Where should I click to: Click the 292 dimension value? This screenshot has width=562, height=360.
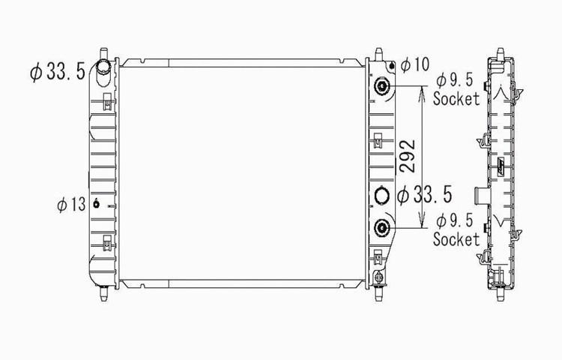(x=408, y=156)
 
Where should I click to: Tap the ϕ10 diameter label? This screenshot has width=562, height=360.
(x=415, y=65)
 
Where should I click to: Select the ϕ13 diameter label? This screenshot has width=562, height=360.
(x=71, y=205)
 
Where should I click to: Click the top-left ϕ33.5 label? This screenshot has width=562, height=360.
(x=58, y=71)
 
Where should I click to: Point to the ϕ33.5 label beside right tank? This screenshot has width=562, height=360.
(x=425, y=195)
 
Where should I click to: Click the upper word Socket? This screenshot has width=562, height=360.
(x=456, y=99)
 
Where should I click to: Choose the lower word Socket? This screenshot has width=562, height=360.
(x=456, y=239)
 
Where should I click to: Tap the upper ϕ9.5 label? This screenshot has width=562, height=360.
(x=455, y=80)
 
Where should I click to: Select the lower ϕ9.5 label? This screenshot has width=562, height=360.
(x=455, y=220)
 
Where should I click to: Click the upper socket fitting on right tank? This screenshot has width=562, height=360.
(x=381, y=86)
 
